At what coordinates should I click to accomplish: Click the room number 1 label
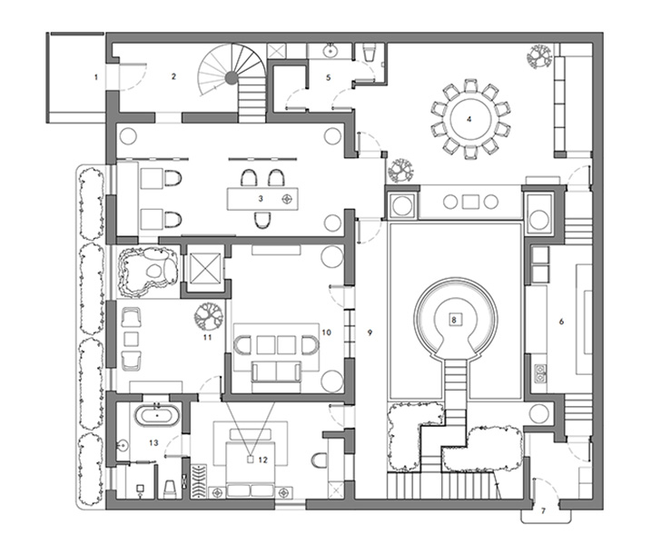tap(96, 77)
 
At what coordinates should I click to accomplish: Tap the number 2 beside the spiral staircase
tap(173, 76)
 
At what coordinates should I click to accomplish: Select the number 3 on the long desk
tap(261, 198)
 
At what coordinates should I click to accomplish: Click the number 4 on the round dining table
tap(469, 119)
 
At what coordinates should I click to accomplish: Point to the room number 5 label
tap(329, 77)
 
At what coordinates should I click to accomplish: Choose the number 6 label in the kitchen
tap(561, 322)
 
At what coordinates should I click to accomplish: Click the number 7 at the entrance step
tap(543, 511)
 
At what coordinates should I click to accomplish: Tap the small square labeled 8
tap(454, 320)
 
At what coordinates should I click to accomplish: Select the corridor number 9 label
tap(370, 332)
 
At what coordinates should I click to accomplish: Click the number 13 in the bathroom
tap(153, 442)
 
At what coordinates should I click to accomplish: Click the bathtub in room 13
tap(157, 415)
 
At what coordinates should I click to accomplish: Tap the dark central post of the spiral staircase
tap(231, 77)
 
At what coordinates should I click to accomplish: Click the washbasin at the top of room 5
tap(330, 52)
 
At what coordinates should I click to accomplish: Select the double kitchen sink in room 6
tap(540, 372)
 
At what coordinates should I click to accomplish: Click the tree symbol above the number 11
tap(208, 316)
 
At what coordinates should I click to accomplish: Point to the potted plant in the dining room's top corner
tap(539, 56)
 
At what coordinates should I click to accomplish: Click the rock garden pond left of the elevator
tap(147, 272)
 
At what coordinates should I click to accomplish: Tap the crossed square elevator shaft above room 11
tap(206, 269)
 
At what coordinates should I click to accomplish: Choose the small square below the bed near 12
tap(250, 459)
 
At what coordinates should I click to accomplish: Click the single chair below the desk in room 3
tap(262, 220)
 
